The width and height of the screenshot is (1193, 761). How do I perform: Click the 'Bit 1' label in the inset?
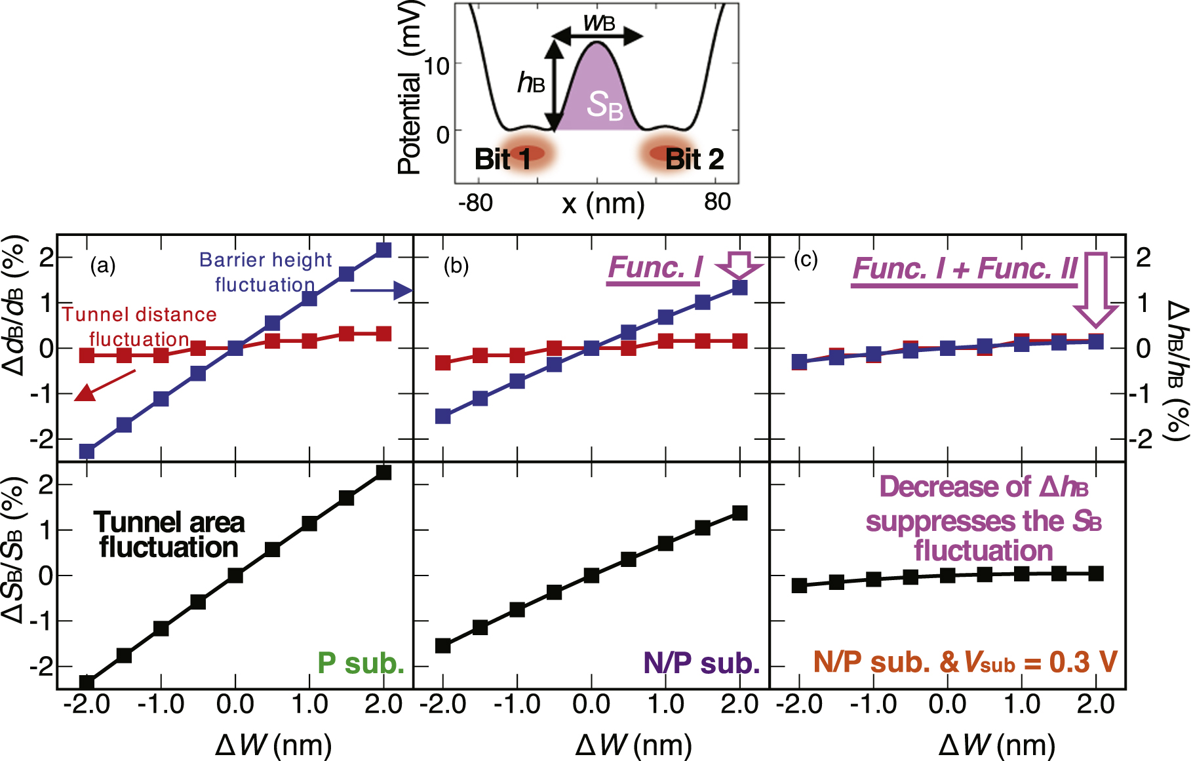click(x=502, y=159)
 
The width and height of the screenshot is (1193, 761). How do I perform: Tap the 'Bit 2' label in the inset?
click(x=694, y=159)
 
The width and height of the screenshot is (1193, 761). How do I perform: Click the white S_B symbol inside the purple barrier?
click(x=604, y=106)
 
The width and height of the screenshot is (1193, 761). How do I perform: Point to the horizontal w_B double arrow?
click(x=596, y=36)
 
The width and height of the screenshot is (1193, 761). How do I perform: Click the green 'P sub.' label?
click(x=361, y=663)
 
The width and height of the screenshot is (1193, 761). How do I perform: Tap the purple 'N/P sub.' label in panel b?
click(x=701, y=663)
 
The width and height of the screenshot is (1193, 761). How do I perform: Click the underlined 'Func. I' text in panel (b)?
click(x=654, y=267)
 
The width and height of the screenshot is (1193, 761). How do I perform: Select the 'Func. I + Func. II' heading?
click(x=964, y=269)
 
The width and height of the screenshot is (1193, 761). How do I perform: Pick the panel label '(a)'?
click(x=103, y=265)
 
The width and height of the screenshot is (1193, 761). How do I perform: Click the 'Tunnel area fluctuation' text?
click(x=169, y=534)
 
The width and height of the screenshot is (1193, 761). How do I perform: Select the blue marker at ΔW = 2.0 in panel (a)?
click(x=383, y=250)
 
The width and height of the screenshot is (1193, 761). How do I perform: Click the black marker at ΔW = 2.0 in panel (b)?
click(x=739, y=513)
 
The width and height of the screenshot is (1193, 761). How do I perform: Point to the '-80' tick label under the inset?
click(x=475, y=203)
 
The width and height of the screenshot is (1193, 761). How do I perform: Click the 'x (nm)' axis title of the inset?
click(x=603, y=204)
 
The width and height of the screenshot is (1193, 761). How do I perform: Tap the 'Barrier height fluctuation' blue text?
click(x=265, y=272)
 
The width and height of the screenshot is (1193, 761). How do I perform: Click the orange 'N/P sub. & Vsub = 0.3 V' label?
click(x=964, y=663)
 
